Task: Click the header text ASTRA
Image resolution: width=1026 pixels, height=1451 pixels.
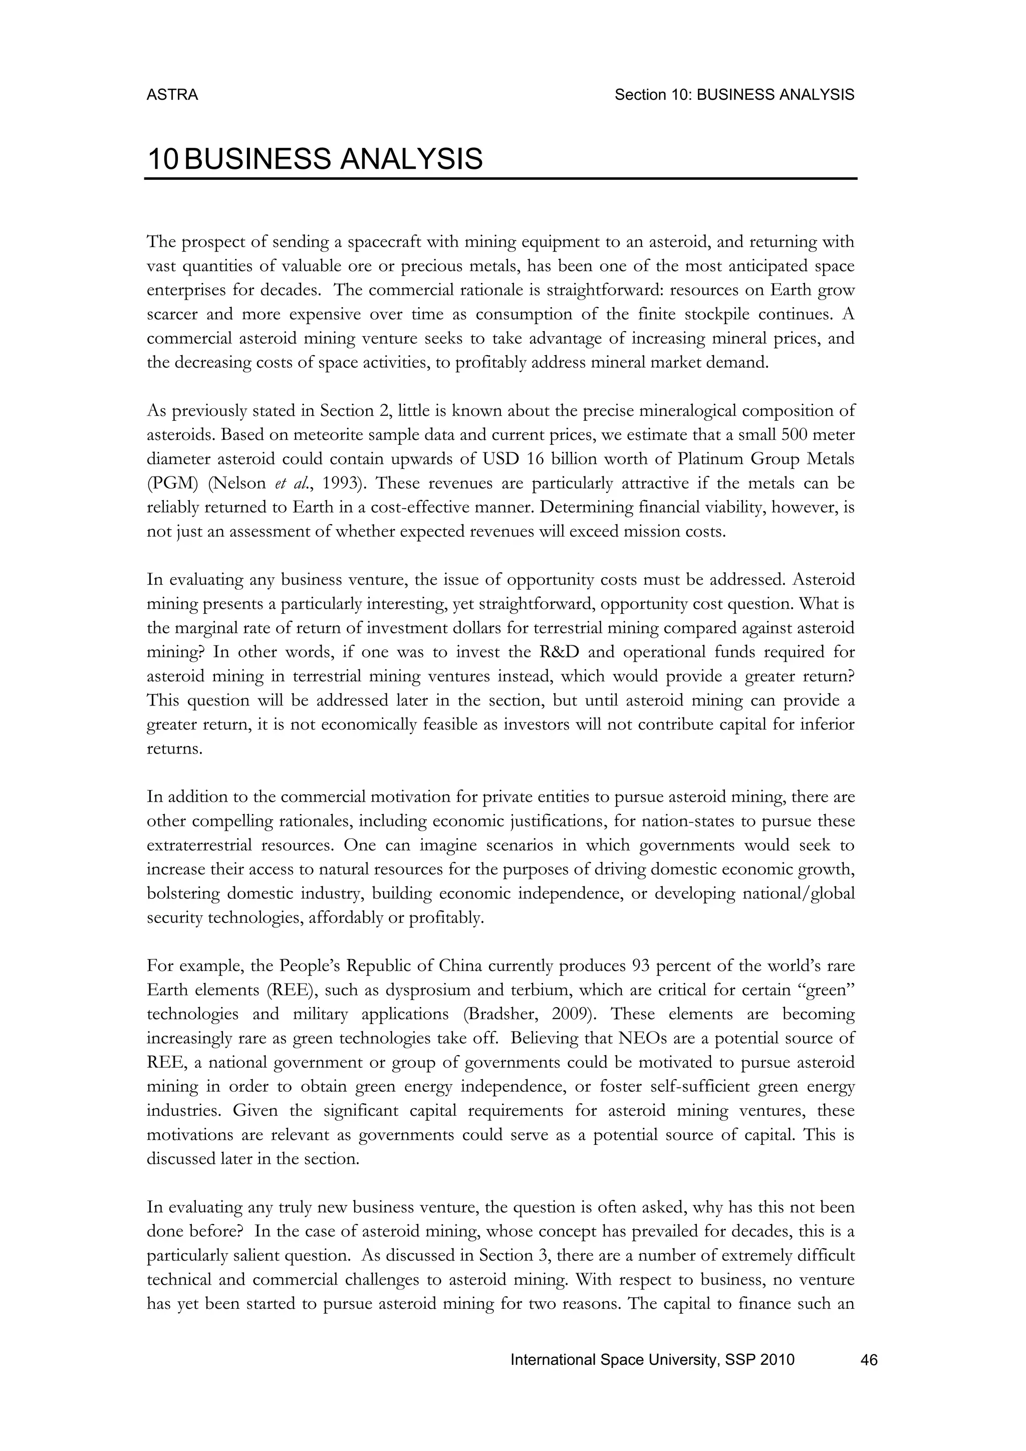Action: (x=172, y=95)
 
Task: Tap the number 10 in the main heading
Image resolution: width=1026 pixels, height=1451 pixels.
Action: (x=162, y=159)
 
